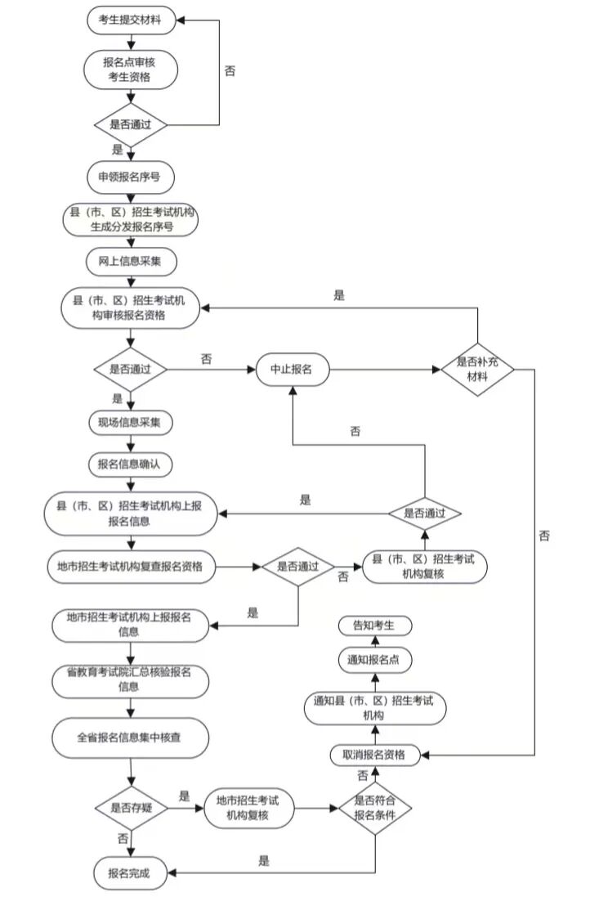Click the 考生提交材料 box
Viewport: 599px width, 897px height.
point(131,21)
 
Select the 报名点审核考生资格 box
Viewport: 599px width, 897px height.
point(131,70)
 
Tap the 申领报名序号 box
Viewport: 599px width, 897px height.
point(131,176)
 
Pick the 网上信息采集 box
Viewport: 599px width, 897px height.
point(131,262)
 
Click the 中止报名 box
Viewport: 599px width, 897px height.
point(292,369)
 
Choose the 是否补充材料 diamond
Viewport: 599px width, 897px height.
point(478,370)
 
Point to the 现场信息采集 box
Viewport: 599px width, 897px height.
point(131,423)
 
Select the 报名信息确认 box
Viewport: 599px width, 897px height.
point(131,464)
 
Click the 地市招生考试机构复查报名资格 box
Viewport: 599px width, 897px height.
point(131,565)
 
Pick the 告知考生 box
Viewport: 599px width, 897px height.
point(374,626)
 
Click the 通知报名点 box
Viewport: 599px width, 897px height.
point(374,659)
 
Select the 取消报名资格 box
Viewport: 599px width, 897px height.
point(374,754)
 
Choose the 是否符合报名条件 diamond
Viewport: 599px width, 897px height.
point(375,807)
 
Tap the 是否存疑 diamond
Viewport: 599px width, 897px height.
point(131,807)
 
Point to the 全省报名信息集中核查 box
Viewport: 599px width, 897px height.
point(131,737)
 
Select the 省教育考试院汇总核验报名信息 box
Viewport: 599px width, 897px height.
point(131,680)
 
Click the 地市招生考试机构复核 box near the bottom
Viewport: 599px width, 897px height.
point(248,807)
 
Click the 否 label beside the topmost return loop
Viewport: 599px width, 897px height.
point(230,70)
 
